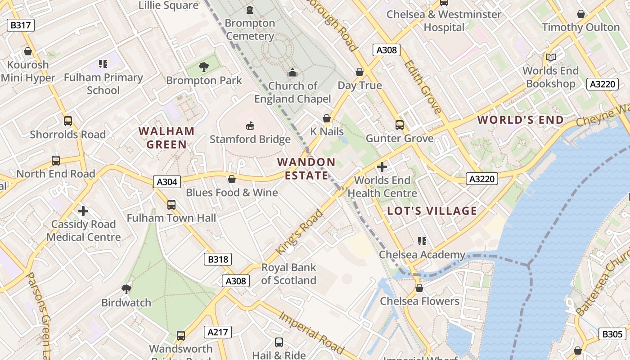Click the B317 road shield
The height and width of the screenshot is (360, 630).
coord(21,25)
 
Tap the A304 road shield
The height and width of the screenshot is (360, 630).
coord(167,182)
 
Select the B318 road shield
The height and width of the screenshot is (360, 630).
coord(218,259)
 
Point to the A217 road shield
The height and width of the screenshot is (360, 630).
coord(218,333)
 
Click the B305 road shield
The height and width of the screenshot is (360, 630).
coord(612,334)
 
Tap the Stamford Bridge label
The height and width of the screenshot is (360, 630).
coord(250,139)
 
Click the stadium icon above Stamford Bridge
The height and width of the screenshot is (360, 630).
coord(250,126)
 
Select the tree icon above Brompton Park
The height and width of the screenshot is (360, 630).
coord(204,67)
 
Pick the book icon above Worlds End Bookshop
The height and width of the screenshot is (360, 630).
coord(550,58)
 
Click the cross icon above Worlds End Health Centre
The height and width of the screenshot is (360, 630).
coord(382,167)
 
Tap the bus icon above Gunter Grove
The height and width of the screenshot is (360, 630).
coord(399,125)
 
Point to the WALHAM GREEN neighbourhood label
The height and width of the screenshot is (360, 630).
coord(166,138)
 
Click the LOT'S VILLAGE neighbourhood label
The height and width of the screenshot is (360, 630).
coord(432,211)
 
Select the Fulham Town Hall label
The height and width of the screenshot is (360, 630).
coord(171,218)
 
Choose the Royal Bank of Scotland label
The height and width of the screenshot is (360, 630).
coord(289,274)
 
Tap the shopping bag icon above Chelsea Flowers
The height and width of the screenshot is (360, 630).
coord(419,288)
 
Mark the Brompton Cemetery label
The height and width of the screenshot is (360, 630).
coord(250,29)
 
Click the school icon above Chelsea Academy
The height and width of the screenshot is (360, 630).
coord(422,241)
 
